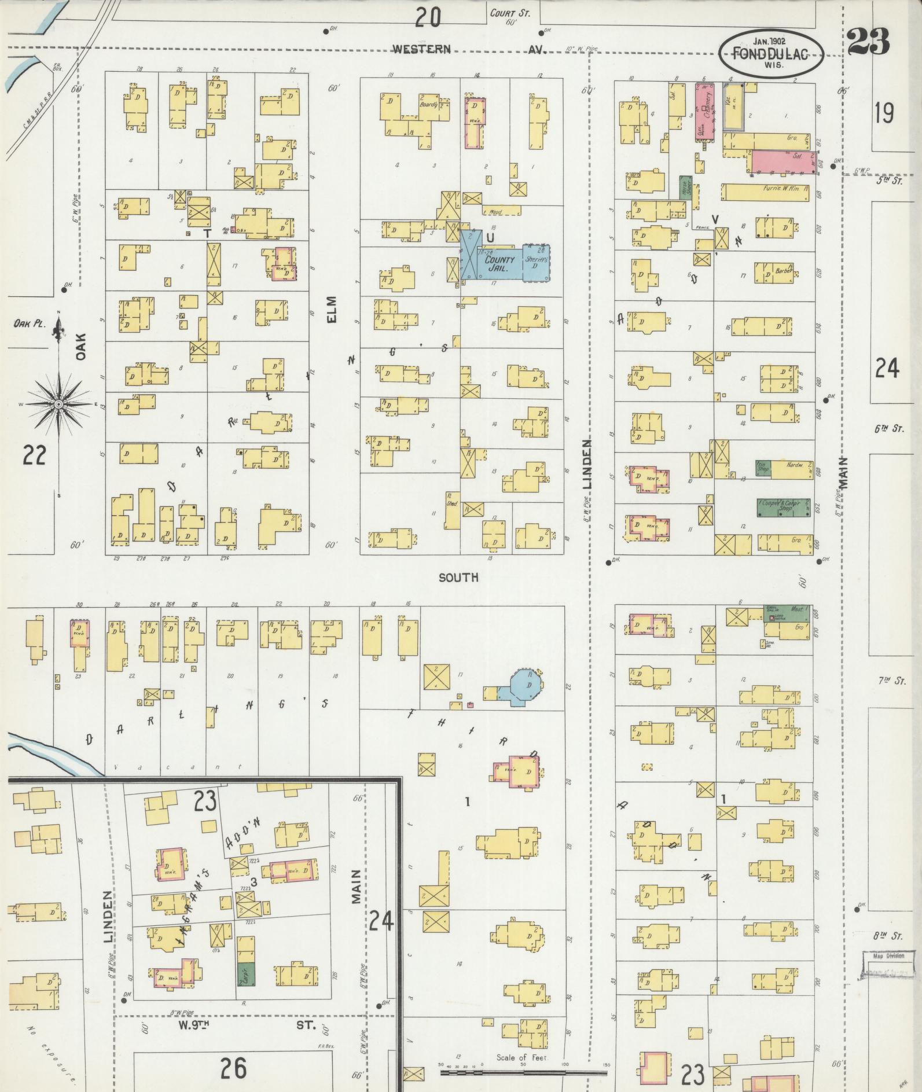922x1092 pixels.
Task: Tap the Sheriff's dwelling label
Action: tap(535, 262)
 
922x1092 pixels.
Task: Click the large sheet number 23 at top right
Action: tap(868, 42)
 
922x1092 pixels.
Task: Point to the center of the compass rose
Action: tap(59, 403)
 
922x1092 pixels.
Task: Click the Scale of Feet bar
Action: tap(524, 1072)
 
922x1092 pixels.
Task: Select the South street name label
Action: tap(458, 577)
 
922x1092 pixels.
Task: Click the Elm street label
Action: tap(332, 310)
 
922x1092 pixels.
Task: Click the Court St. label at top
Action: tap(509, 13)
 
